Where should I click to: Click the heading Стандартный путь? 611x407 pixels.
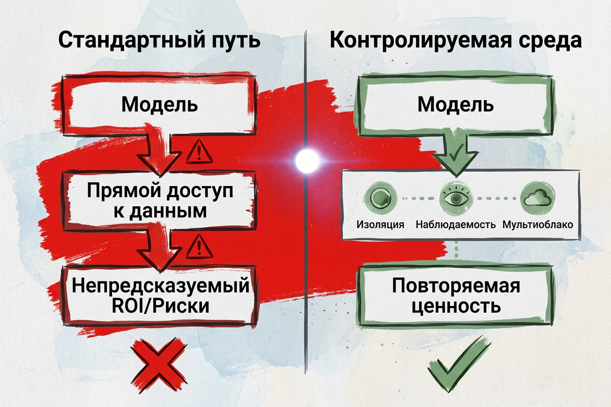160,41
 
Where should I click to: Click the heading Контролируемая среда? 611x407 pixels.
455,41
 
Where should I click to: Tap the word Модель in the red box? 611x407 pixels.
160,105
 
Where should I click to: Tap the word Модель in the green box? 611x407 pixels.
455,105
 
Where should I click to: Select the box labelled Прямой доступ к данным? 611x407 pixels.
160,201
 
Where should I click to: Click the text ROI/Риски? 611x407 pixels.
160,306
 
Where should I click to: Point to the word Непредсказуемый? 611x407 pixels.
160,286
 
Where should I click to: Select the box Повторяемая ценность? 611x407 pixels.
455,296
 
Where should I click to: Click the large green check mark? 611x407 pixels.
458,364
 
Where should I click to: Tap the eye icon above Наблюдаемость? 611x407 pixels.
455,198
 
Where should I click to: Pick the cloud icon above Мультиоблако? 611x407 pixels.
538,198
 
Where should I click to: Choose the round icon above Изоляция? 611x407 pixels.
379,198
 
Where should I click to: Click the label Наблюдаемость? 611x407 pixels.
455,224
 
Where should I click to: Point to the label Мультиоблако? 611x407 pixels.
538,224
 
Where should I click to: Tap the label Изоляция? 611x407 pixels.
380,224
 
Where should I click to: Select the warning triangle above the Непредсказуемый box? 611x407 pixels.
199,247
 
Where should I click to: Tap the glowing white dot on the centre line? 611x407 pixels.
306,160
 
